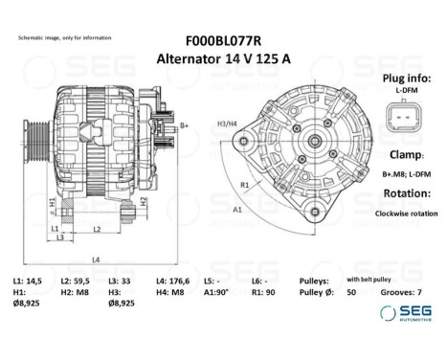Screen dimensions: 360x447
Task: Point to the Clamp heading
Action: click(400, 153)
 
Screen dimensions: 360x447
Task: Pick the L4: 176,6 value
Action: click(173, 279)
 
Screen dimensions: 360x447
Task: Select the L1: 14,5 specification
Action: click(28, 279)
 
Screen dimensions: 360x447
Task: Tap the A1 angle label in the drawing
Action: click(236, 207)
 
